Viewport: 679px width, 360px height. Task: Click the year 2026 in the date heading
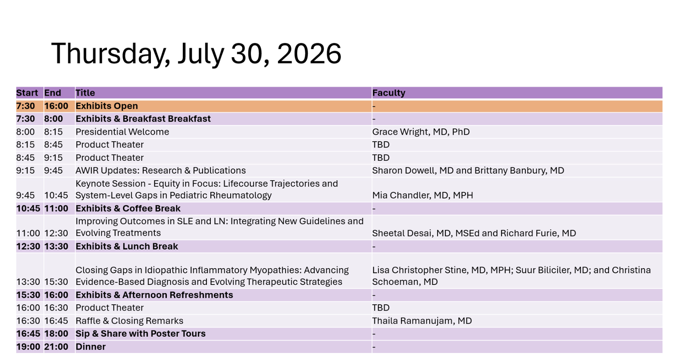[309, 54]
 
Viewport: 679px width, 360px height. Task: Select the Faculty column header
[388, 93]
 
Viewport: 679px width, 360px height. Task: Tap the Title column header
[85, 93]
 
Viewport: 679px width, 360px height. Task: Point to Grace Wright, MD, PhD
[421, 132]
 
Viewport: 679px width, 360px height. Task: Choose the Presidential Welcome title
[122, 132]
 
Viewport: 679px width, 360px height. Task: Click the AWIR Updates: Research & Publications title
[161, 171]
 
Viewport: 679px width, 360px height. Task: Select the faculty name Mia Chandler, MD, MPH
[422, 195]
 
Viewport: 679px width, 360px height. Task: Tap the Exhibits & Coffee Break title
[128, 208]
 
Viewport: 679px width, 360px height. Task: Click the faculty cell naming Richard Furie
[474, 233]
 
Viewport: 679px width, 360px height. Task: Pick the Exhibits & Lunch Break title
[127, 246]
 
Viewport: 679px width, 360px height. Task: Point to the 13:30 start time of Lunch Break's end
[56, 246]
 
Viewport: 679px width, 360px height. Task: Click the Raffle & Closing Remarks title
[129, 321]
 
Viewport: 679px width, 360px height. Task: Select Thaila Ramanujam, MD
[422, 321]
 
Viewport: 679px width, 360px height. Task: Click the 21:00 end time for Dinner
[56, 347]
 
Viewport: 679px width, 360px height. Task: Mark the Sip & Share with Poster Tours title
[140, 334]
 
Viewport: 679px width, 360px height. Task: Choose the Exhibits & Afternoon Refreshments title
[154, 295]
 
